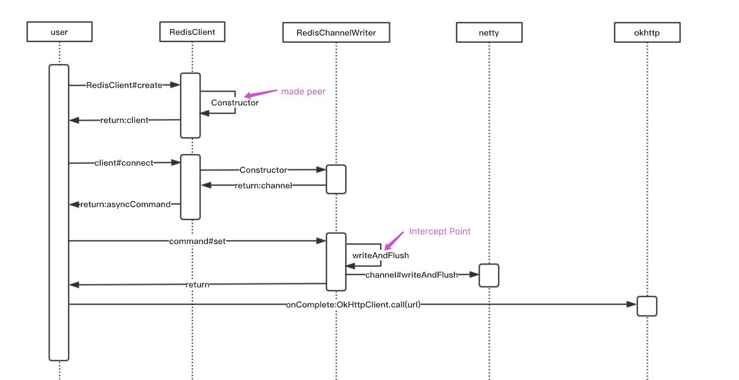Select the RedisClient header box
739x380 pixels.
192,30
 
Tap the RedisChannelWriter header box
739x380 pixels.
335,30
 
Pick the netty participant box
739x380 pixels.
488,30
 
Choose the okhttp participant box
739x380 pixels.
646,30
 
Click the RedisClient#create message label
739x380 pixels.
124,85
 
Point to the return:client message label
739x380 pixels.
124,120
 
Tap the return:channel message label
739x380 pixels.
263,186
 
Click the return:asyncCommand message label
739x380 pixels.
125,205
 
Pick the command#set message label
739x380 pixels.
196,241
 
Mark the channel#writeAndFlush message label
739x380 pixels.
411,275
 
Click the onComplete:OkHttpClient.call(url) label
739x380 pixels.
352,304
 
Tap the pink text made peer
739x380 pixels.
303,91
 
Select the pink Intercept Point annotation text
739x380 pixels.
439,231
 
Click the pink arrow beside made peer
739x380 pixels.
257,95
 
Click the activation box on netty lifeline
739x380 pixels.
488,275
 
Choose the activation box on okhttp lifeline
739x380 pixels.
646,306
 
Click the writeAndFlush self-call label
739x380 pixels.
371,255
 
